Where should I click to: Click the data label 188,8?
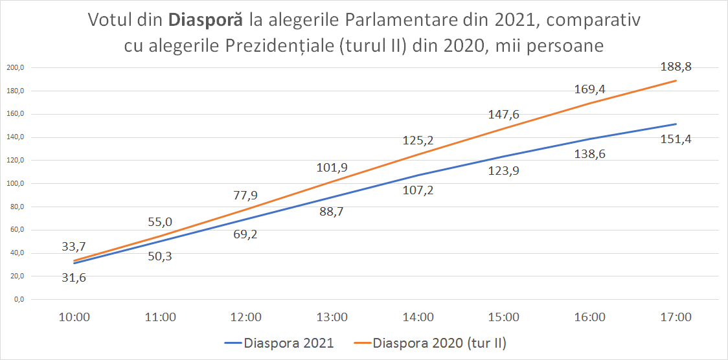(676, 67)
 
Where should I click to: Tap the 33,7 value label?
(74, 246)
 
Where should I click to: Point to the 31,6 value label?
(74, 278)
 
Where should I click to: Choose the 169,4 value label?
(590, 90)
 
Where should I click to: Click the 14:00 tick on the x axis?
(418, 317)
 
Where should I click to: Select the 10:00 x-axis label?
(74, 317)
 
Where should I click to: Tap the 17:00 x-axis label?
(676, 317)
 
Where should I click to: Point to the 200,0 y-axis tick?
(16, 68)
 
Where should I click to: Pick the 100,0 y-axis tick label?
(16, 184)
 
